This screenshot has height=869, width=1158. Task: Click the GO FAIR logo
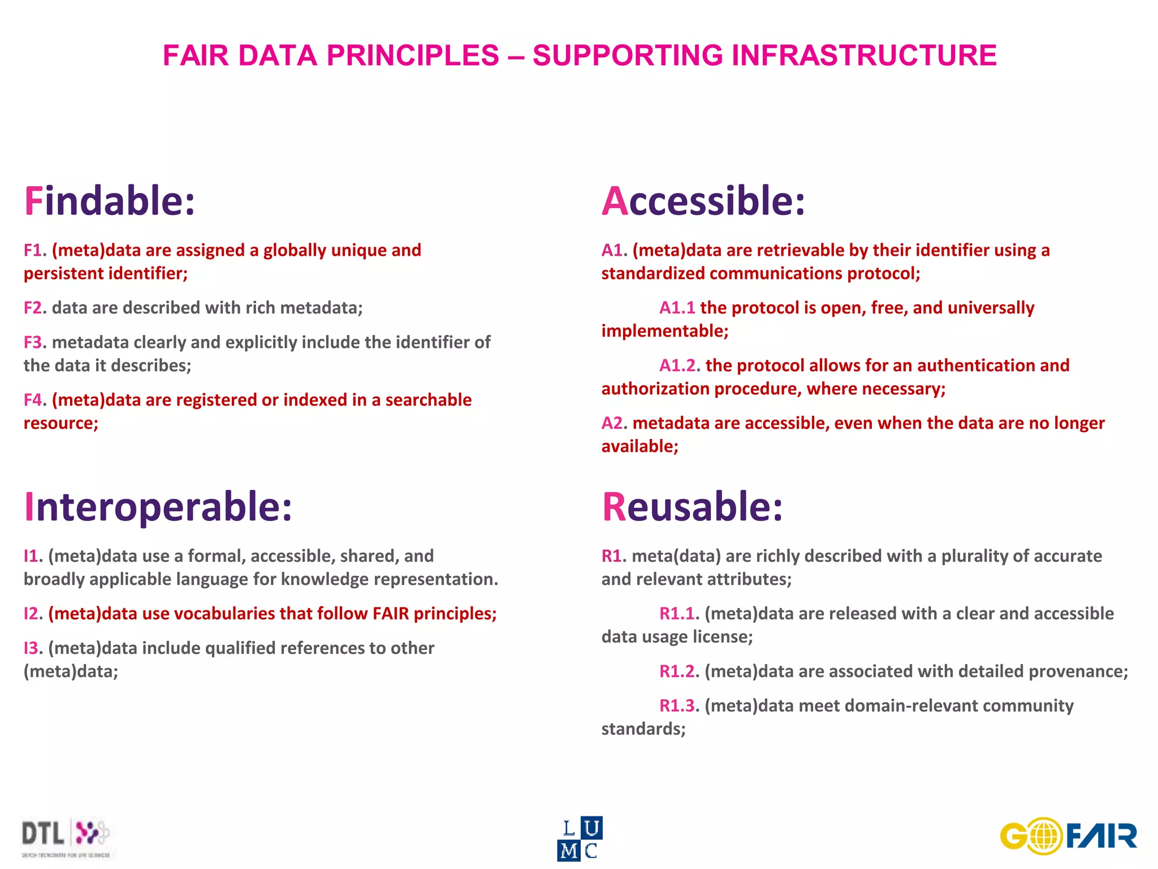(1068, 836)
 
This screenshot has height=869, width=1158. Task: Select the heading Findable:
(109, 201)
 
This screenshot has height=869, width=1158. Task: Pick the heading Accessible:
(703, 201)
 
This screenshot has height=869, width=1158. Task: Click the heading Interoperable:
(158, 506)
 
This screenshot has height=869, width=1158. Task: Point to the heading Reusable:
(692, 506)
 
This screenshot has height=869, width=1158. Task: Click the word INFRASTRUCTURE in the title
(864, 55)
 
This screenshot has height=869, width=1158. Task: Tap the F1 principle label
(33, 250)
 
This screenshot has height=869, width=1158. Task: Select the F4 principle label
(33, 400)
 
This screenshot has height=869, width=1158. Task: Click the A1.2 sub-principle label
(677, 365)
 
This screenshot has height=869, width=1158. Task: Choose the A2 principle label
(612, 423)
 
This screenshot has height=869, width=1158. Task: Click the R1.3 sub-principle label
(677, 706)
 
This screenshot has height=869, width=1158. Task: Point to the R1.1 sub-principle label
(677, 614)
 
